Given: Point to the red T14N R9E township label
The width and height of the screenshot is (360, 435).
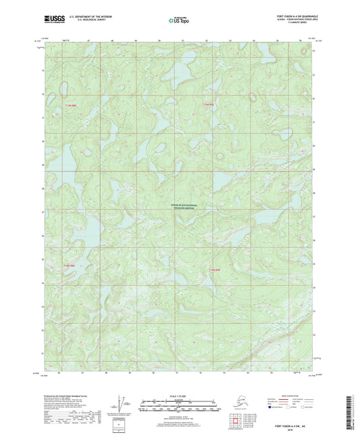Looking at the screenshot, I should coord(215,269).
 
